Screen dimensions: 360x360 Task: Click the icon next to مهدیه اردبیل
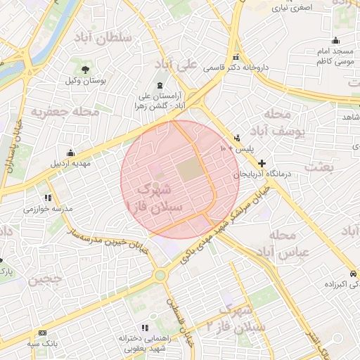click(x=70, y=153)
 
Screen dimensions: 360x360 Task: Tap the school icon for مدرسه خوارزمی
click(x=48, y=198)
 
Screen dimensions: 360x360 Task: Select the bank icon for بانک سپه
click(x=43, y=333)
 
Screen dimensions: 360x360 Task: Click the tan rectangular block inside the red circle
click(x=188, y=169)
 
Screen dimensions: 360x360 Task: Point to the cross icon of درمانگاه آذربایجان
click(x=262, y=162)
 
